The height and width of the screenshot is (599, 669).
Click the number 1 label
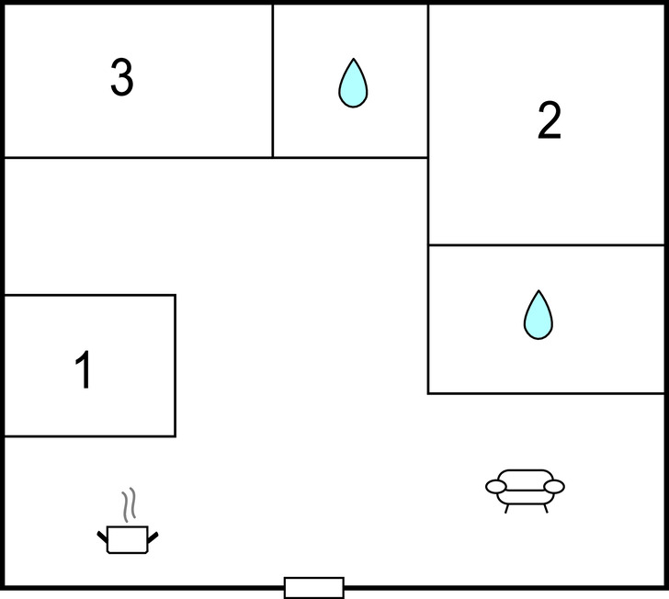pos(84,370)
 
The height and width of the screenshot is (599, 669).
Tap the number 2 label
pos(549,120)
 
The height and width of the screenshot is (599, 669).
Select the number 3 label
pos(121,78)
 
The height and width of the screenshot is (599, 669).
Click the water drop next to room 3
pos(352,84)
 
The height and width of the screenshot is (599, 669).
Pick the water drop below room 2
pos(538,315)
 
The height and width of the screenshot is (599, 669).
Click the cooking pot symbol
pos(128,538)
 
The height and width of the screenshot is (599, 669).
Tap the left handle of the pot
pos(103,536)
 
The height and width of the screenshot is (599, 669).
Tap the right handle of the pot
pos(153,536)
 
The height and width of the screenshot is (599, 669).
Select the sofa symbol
pos(525,488)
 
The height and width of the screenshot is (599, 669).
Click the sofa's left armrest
pos(495,487)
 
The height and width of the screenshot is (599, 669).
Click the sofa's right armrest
pos(554,486)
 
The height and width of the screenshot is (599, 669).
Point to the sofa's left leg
pos(506,508)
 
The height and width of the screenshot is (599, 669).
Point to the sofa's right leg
pos(545,508)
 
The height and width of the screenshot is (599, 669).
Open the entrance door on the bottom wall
pos(313,587)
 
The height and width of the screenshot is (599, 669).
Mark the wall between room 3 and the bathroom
pos(272,81)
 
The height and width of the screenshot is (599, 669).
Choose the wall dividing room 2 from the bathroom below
pos(546,245)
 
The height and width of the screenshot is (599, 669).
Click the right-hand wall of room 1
pos(175,366)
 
